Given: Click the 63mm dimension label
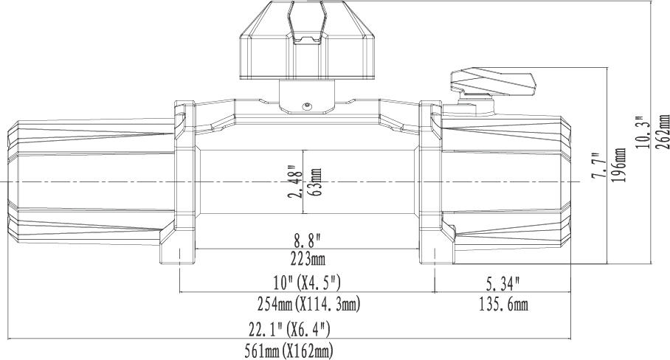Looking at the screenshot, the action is [x=317, y=182].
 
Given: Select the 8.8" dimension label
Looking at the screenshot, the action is [x=306, y=241].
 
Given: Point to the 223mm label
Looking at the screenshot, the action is [x=306, y=259].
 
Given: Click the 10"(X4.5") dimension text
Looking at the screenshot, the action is [x=307, y=282].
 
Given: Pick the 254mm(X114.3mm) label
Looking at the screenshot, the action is [x=309, y=304].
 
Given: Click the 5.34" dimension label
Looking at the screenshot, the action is [x=503, y=283].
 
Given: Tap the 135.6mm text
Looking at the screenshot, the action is [x=503, y=304].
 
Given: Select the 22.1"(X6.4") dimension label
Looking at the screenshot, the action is [x=290, y=329].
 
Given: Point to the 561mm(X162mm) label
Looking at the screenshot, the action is [x=289, y=351].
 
